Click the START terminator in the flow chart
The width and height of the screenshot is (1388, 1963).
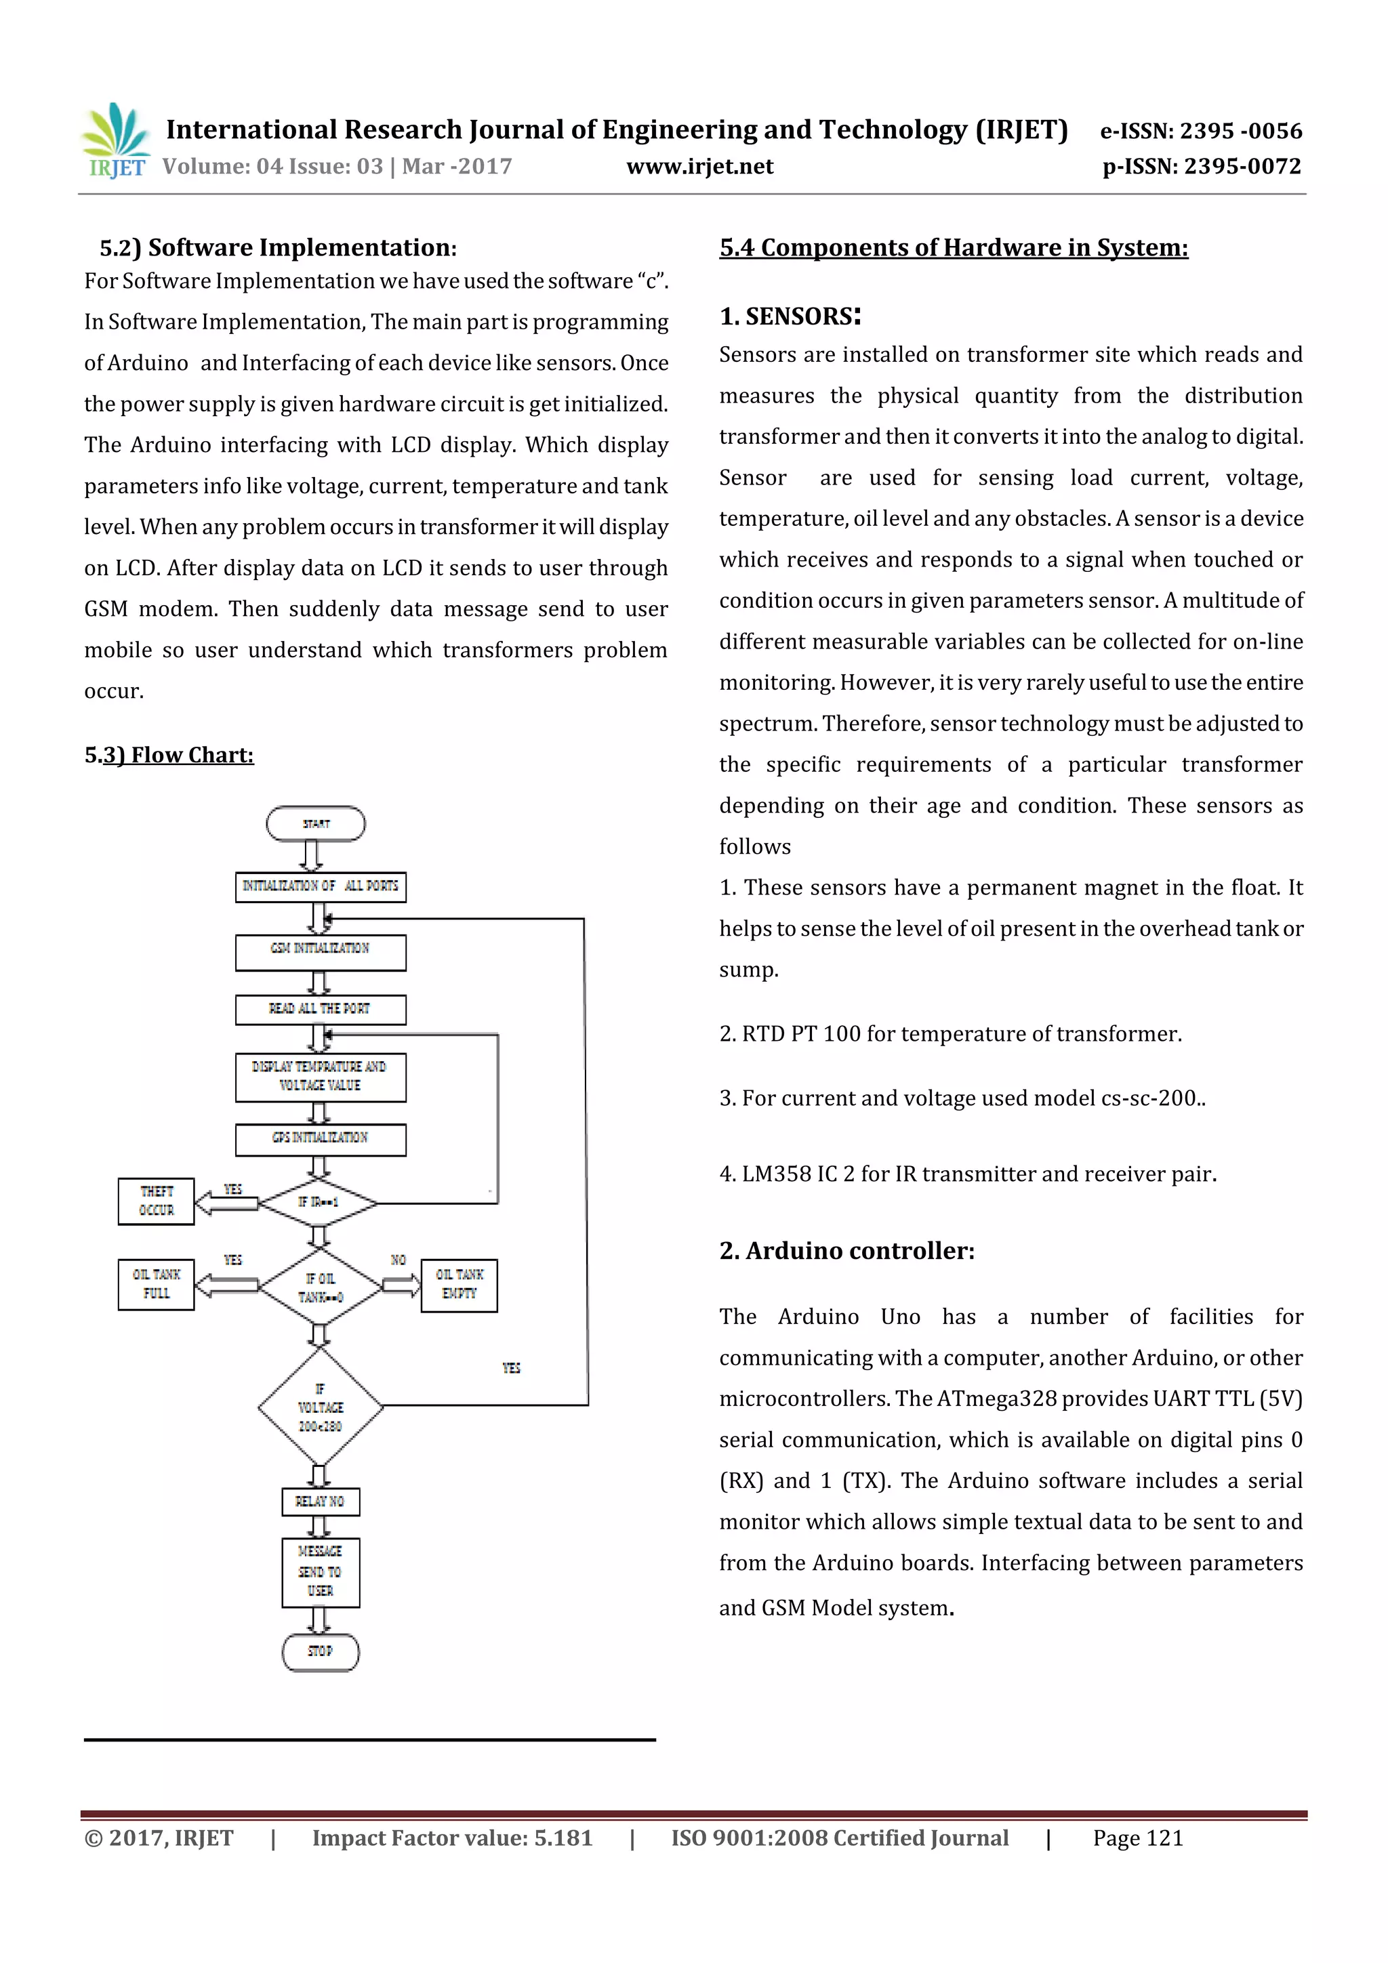point(316,823)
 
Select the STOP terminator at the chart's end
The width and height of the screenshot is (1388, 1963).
point(320,1651)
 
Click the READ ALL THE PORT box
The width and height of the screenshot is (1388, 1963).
point(321,1009)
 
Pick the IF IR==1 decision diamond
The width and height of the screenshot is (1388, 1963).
point(318,1202)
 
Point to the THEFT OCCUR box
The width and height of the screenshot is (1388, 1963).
point(157,1201)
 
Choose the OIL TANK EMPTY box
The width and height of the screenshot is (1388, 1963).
point(460,1284)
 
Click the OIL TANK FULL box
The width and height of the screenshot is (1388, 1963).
point(157,1284)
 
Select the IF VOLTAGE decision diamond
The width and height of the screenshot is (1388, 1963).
point(320,1407)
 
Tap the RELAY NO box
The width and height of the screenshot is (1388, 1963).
point(320,1502)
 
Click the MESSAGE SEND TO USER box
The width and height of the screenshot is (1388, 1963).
point(320,1571)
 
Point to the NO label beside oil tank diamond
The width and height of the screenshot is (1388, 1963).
point(398,1260)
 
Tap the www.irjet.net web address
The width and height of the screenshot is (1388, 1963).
point(699,167)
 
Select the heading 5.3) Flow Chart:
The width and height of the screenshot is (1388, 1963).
point(169,755)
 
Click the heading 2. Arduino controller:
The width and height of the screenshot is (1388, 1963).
point(846,1251)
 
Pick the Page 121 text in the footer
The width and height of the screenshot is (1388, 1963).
point(1137,1838)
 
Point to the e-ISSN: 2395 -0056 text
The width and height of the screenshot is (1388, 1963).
point(1201,131)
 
